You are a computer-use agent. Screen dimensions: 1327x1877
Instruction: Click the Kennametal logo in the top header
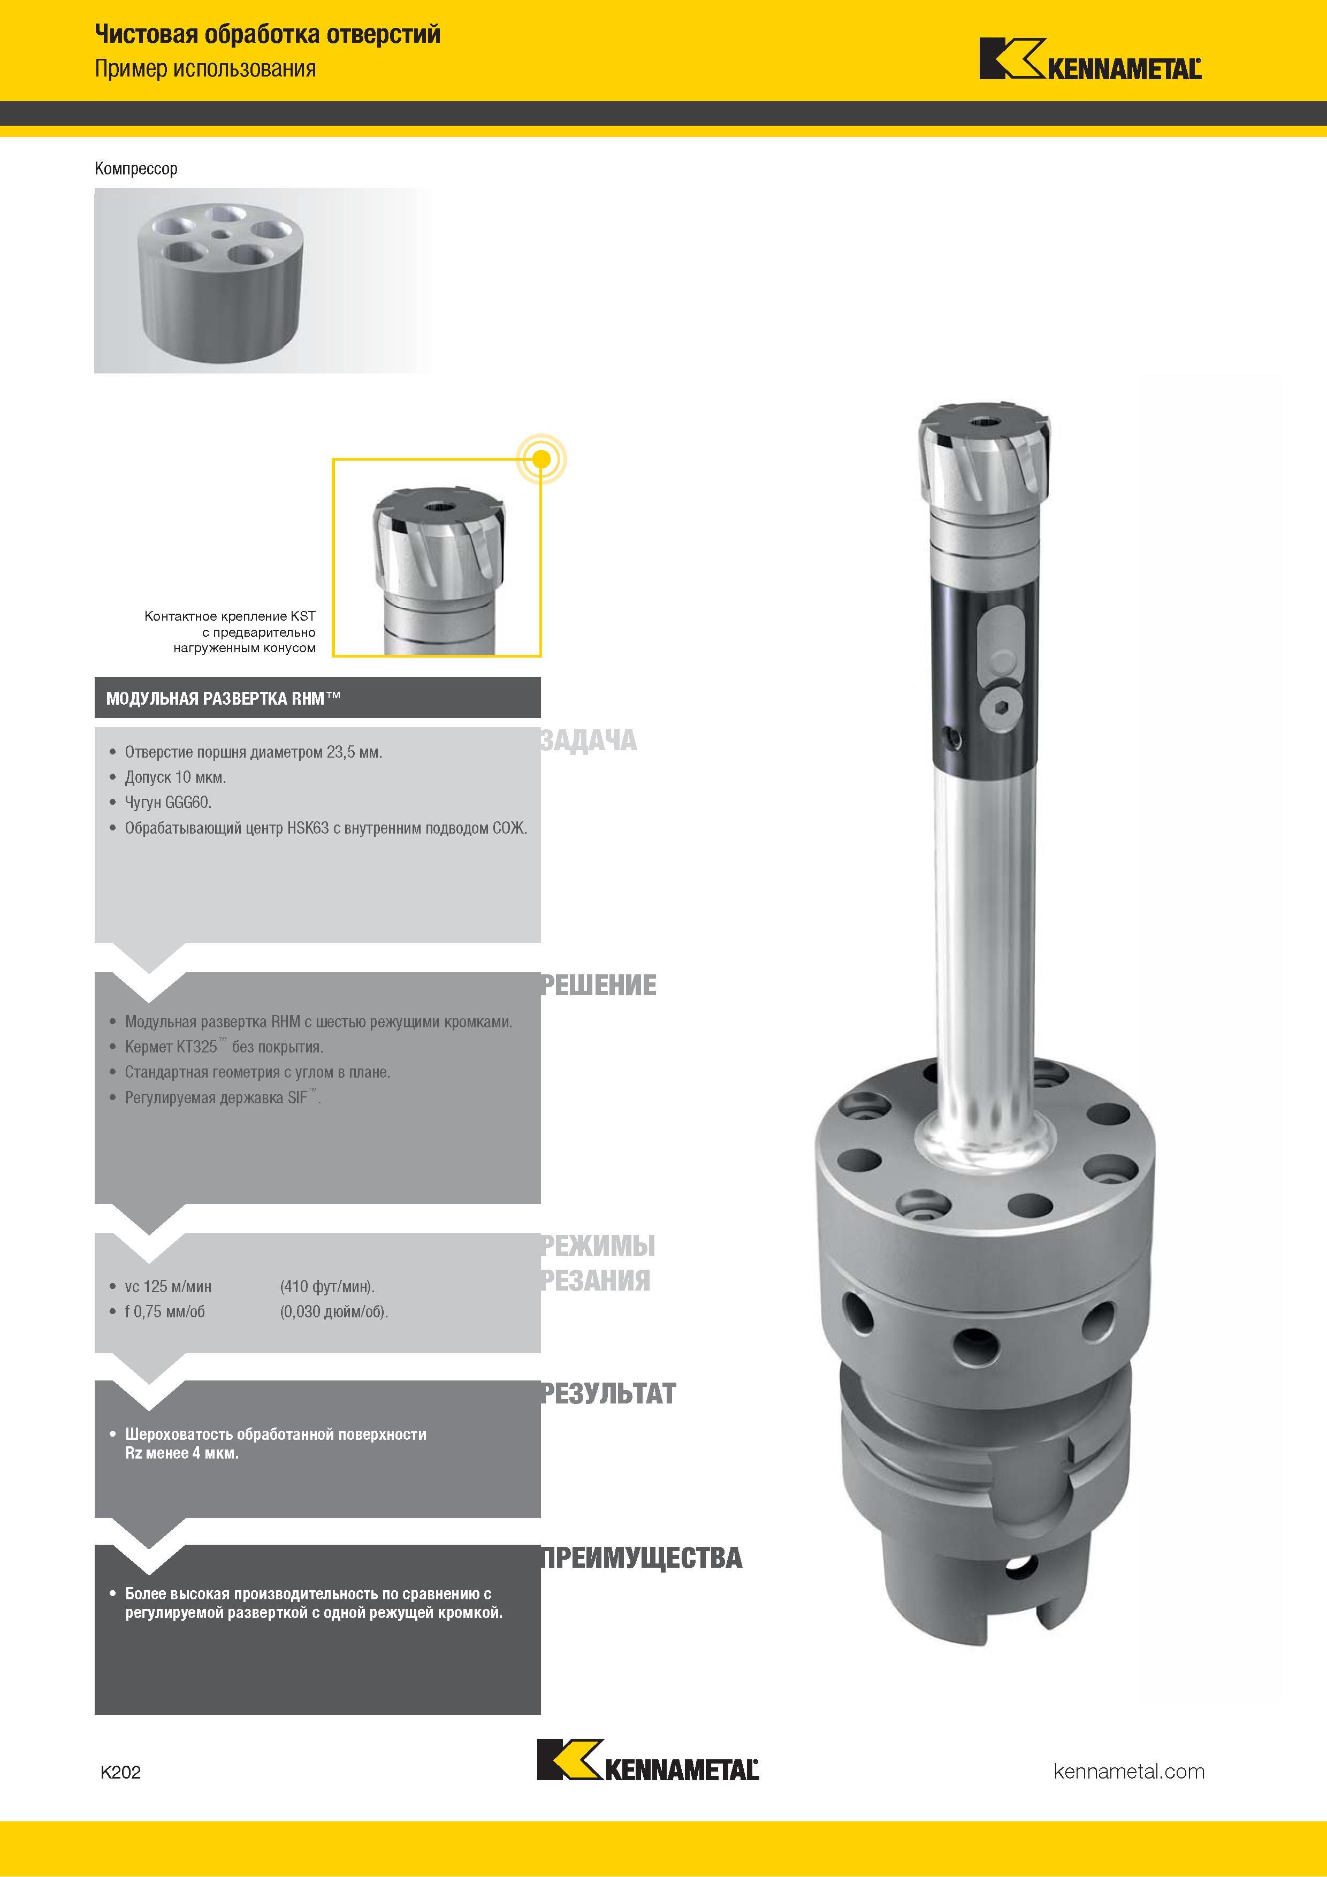tap(1090, 59)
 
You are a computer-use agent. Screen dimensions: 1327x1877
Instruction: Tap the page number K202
tap(120, 1772)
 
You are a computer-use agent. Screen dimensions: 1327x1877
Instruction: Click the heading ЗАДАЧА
tap(588, 741)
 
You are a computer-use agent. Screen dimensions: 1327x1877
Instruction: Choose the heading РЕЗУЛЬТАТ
tap(608, 1393)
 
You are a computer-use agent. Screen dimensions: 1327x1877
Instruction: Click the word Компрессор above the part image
tap(136, 169)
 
